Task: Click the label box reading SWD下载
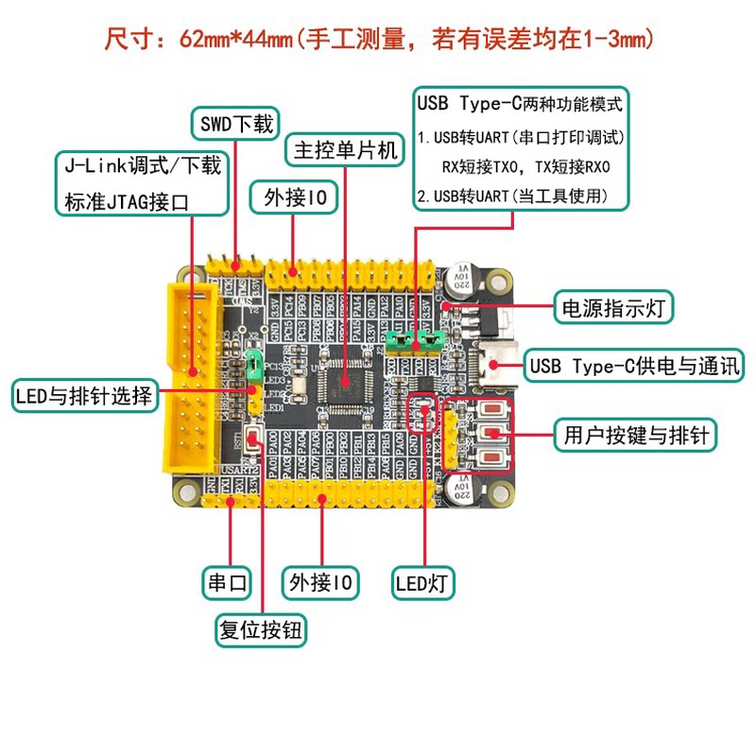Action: pyautogui.click(x=235, y=124)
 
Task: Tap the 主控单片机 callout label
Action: pyautogui.click(x=345, y=150)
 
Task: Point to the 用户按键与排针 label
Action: pyautogui.click(x=635, y=435)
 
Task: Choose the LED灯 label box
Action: pyautogui.click(x=423, y=582)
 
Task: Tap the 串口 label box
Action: pyautogui.click(x=227, y=582)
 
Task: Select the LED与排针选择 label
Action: pyautogui.click(x=83, y=396)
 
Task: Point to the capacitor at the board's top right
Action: pyautogui.click(x=464, y=272)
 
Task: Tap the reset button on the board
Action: pyautogui.click(x=256, y=438)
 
